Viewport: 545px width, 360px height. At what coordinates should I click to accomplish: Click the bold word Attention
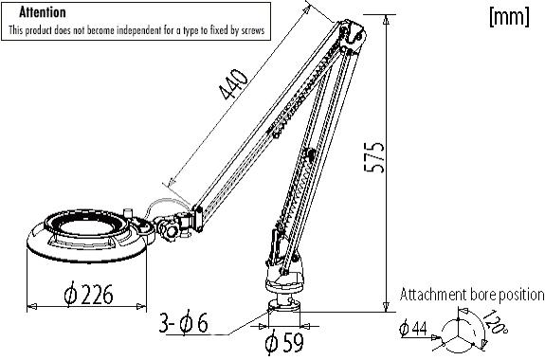click(x=43, y=12)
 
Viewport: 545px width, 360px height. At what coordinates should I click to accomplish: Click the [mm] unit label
click(x=508, y=17)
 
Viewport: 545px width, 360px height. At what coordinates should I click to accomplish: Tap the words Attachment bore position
click(x=472, y=295)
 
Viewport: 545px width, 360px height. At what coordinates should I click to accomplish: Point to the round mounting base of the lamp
click(x=283, y=305)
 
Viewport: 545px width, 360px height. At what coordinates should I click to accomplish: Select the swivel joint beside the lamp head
click(x=173, y=227)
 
